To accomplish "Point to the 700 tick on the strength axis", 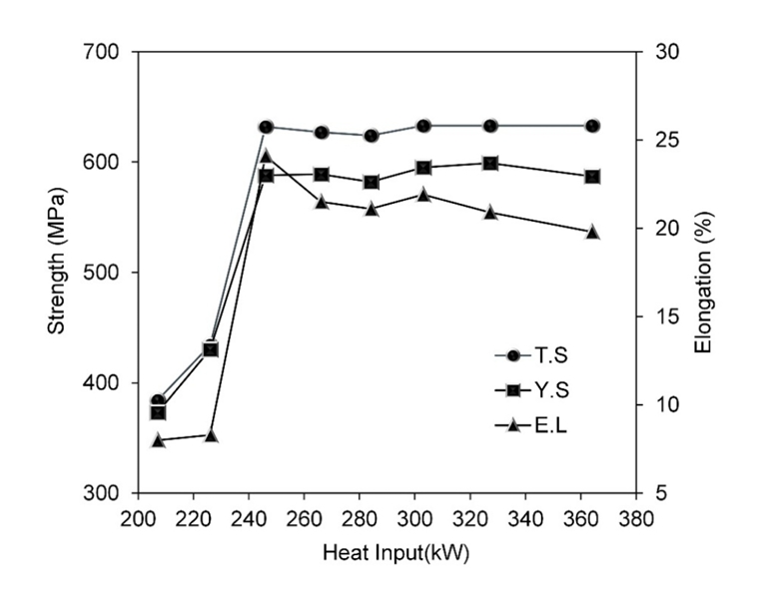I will [x=106, y=52].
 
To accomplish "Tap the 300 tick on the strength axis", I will [x=106, y=493].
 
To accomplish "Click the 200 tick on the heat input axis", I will [x=137, y=518].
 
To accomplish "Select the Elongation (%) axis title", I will [x=703, y=272].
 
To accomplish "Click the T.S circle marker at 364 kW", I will [x=592, y=126].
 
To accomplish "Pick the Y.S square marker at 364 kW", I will [x=592, y=177].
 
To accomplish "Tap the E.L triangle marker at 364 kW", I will [x=592, y=232].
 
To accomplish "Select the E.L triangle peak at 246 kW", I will [x=266, y=156].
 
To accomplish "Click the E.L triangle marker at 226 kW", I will [x=211, y=435].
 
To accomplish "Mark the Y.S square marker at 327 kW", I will [x=490, y=163].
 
